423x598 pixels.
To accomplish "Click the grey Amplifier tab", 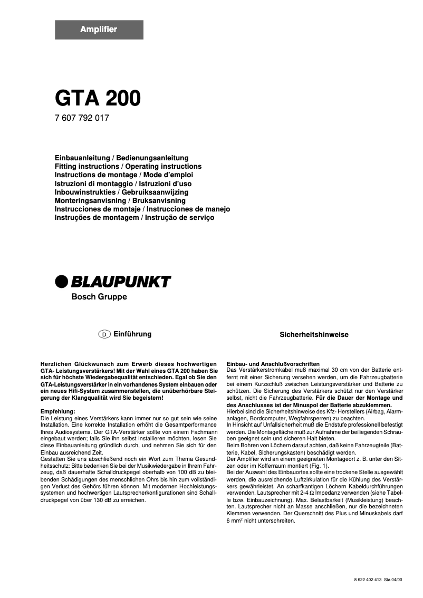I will (99, 30).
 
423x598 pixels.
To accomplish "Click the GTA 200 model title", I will (98, 98).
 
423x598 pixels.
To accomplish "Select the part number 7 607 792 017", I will (82, 118).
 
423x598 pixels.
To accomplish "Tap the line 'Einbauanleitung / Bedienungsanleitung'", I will (121, 158).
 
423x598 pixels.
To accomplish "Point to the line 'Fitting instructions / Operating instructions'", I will (128, 167).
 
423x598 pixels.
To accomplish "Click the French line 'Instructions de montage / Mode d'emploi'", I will (124, 175).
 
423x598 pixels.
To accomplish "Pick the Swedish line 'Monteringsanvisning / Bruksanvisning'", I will (120, 200).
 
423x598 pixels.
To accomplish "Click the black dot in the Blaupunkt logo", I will (62, 282).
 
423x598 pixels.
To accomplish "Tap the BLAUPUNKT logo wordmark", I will (121, 282).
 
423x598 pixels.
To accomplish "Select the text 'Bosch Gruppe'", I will (99, 297).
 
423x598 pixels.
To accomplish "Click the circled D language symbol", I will (104, 334).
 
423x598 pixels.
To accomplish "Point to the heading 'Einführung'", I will (132, 334).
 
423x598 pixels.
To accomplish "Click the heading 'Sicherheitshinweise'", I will (314, 335).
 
